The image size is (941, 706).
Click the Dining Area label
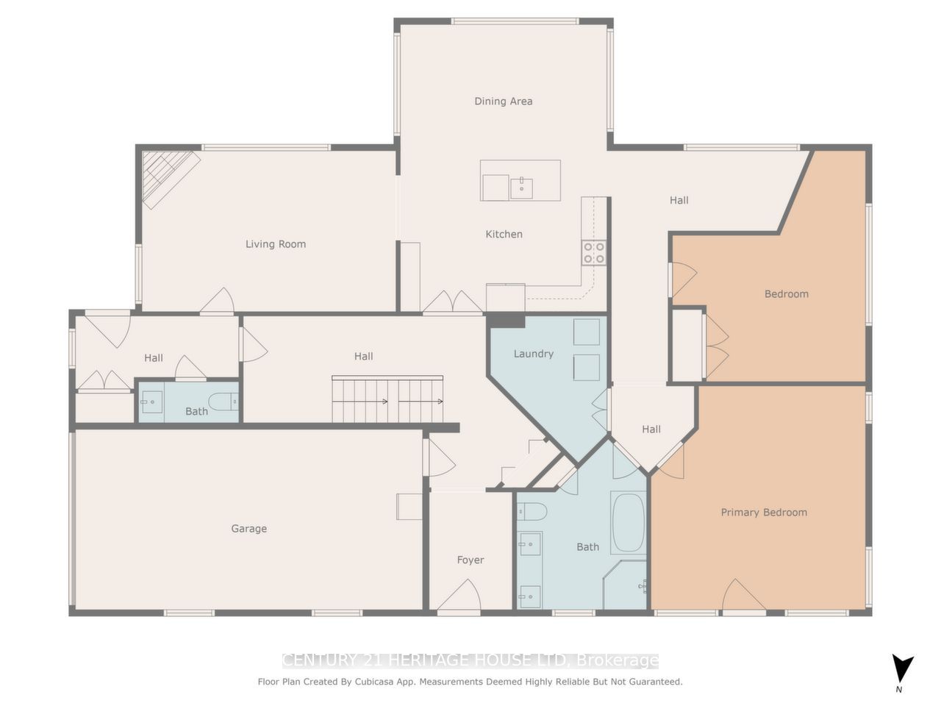[503, 101]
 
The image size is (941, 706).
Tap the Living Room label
[276, 244]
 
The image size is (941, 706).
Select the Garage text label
[248, 529]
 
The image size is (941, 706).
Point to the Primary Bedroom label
[764, 513]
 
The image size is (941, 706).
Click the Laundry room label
[533, 354]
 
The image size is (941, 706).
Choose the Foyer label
[470, 560]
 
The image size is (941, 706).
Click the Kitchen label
[504, 235]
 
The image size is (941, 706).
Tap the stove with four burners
[594, 253]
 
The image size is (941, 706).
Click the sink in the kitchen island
[521, 188]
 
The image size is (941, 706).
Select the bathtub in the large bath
[628, 523]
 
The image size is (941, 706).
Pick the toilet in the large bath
[531, 510]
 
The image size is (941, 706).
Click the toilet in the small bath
[223, 401]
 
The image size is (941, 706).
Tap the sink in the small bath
[152, 402]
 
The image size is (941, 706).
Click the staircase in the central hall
[387, 400]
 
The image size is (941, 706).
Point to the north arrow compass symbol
[902, 670]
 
